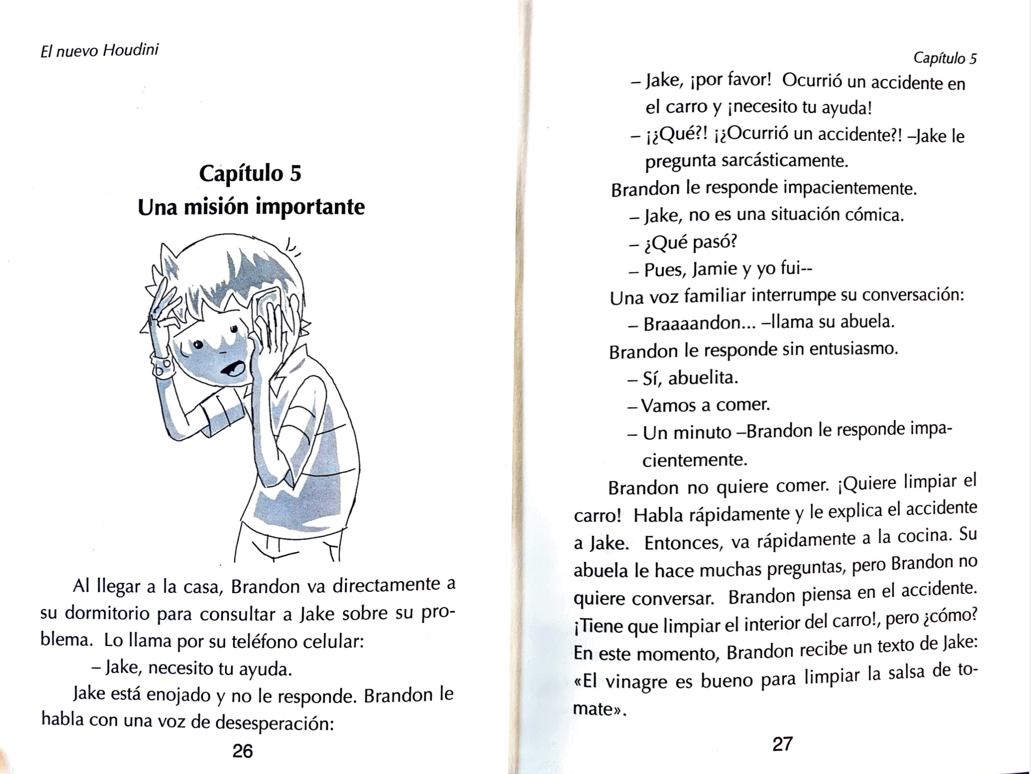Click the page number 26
click(x=242, y=751)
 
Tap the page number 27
click(x=783, y=744)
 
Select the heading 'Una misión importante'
click(x=251, y=207)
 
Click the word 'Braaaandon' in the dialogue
click(x=699, y=323)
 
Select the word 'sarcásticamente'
click(x=784, y=159)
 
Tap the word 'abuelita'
click(x=703, y=378)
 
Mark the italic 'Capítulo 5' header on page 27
click(x=945, y=58)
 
